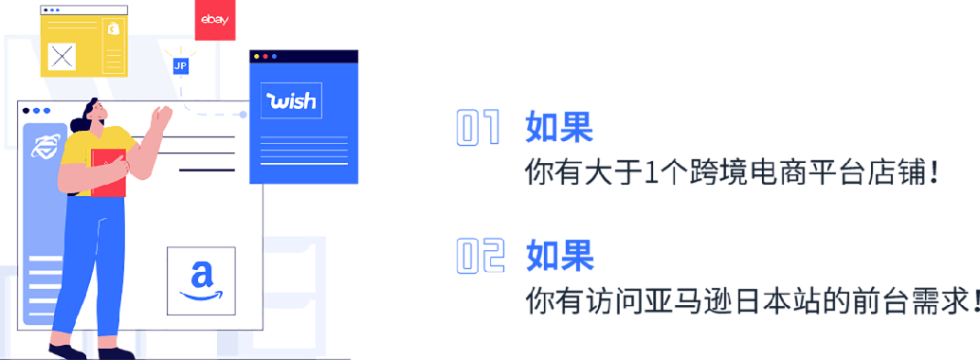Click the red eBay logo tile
(x=215, y=20)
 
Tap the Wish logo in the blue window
(x=291, y=101)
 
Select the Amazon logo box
(x=200, y=280)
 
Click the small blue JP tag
(x=180, y=65)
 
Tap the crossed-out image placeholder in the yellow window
(x=62, y=56)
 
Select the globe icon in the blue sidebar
(x=45, y=147)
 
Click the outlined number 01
(x=478, y=128)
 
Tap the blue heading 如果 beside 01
(x=559, y=127)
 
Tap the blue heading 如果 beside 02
(x=559, y=255)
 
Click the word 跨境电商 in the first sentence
(x=717, y=172)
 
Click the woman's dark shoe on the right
(x=115, y=352)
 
